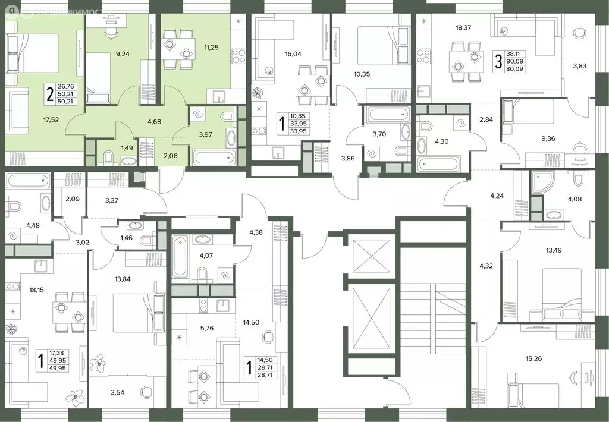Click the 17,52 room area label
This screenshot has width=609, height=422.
(51, 120)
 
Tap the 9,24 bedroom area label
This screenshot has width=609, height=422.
(123, 53)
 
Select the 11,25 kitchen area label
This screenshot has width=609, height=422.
(212, 48)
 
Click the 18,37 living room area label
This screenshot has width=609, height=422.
(465, 27)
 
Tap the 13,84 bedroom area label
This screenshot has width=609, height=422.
(123, 279)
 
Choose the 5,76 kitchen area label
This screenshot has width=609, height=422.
(206, 328)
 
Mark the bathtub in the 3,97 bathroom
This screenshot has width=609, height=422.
(214, 158)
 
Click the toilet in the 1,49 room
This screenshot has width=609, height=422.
(109, 158)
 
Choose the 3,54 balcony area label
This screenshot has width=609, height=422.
(117, 392)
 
